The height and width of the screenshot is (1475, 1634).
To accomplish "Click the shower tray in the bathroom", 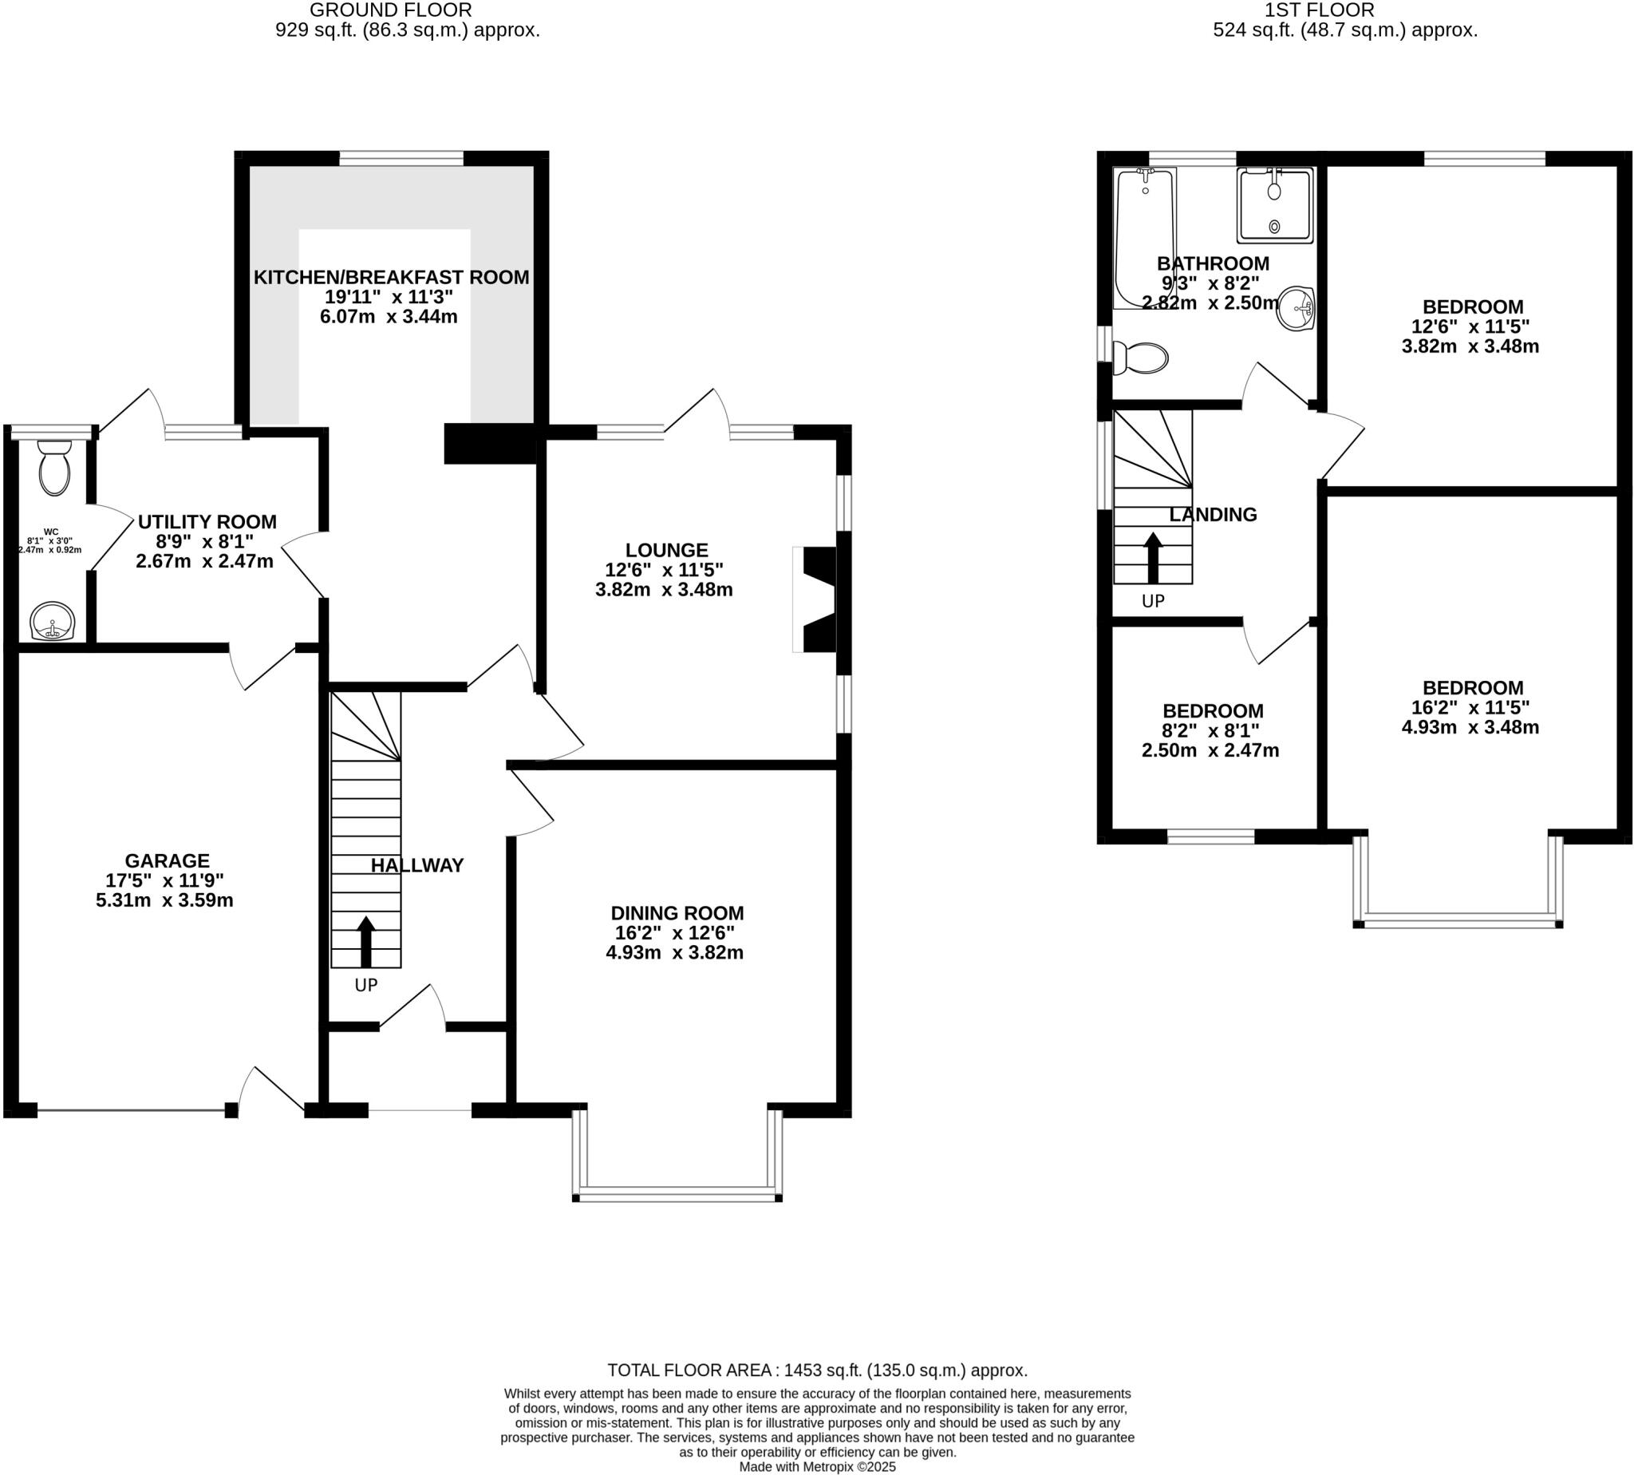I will click(1273, 205).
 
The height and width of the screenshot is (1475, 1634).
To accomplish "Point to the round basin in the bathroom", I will click(1296, 308).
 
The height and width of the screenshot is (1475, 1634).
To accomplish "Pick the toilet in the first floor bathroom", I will click(1142, 358).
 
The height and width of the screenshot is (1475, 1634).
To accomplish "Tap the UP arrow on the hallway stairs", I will click(365, 940).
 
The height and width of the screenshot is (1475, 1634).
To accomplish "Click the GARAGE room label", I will click(167, 860).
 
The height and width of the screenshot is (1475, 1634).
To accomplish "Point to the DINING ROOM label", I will click(677, 913).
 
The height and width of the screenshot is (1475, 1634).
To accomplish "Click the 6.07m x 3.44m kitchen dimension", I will click(389, 317).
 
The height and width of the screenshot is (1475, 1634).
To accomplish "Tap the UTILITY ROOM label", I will click(207, 522).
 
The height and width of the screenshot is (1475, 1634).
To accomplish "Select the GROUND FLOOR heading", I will click(389, 10).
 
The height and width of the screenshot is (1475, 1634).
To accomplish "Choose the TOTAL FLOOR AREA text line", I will click(816, 1370).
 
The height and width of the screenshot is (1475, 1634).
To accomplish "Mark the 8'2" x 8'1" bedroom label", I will click(1211, 730).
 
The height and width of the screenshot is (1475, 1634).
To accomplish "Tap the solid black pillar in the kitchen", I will click(489, 443).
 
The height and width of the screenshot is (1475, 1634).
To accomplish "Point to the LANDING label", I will click(1212, 515).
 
